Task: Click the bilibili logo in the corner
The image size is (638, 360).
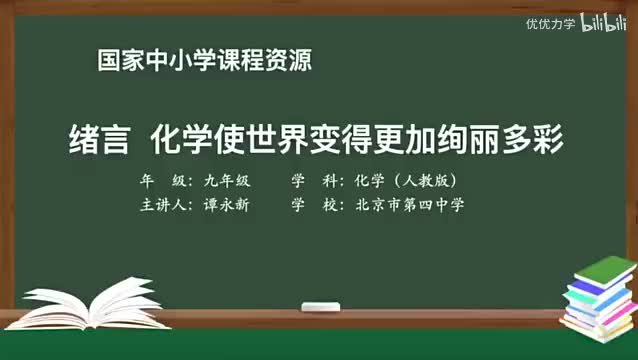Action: point(604,23)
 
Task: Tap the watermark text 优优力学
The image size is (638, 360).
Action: point(551,24)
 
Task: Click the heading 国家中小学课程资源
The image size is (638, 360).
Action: point(204,60)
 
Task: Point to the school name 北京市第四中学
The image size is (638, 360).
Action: point(409,205)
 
